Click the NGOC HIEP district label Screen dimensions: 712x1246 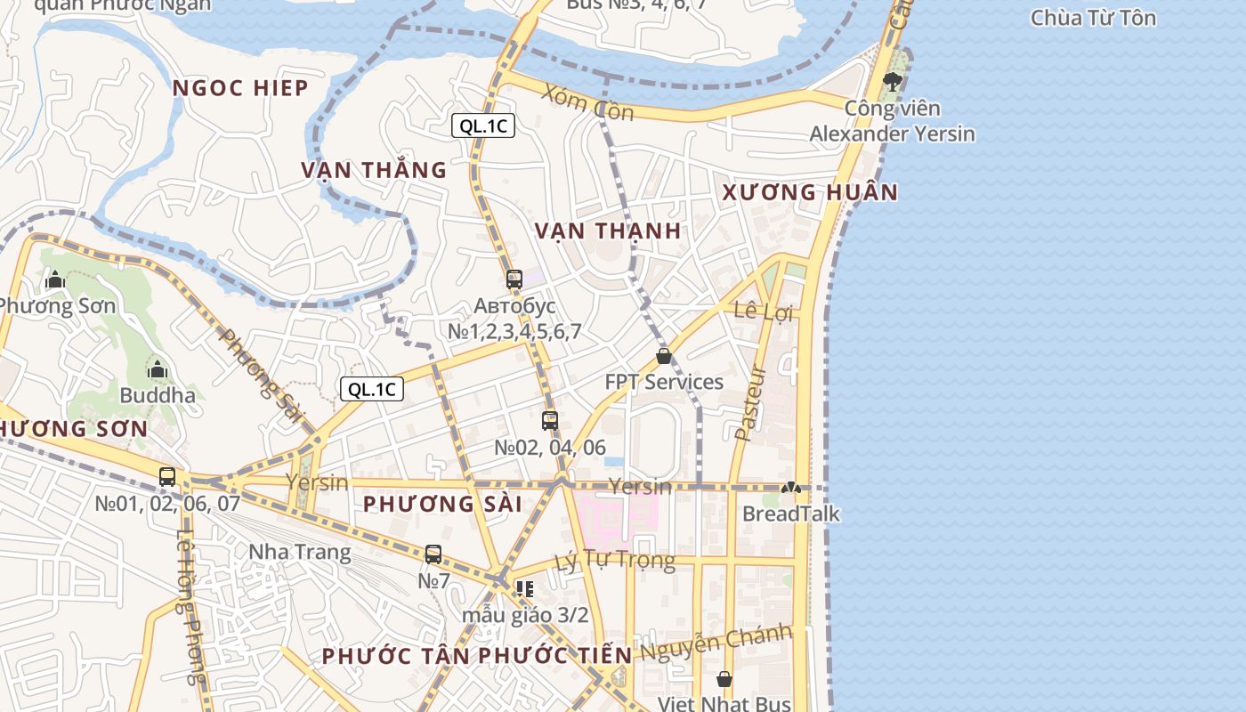(240, 88)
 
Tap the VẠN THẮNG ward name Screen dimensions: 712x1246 (374, 170)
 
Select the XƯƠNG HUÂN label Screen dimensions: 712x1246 (810, 192)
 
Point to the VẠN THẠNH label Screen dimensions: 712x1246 (608, 231)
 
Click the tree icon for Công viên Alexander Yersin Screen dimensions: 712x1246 (892, 82)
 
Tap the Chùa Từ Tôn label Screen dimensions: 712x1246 (1093, 18)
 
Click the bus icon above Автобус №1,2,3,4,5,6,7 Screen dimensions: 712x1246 (514, 279)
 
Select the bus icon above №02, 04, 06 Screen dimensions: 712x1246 (550, 421)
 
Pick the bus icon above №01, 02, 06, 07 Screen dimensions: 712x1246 (167, 476)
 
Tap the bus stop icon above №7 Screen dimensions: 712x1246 (433, 554)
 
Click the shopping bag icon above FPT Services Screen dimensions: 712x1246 (664, 356)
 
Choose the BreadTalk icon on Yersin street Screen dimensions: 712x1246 (790, 488)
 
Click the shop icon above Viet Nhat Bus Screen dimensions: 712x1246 (724, 679)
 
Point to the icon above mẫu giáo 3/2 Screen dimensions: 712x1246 (525, 588)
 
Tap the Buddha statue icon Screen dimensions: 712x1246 (158, 368)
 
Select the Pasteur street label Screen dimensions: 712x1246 (752, 402)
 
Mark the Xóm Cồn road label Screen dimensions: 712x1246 (587, 103)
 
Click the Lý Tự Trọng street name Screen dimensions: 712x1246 (614, 561)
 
